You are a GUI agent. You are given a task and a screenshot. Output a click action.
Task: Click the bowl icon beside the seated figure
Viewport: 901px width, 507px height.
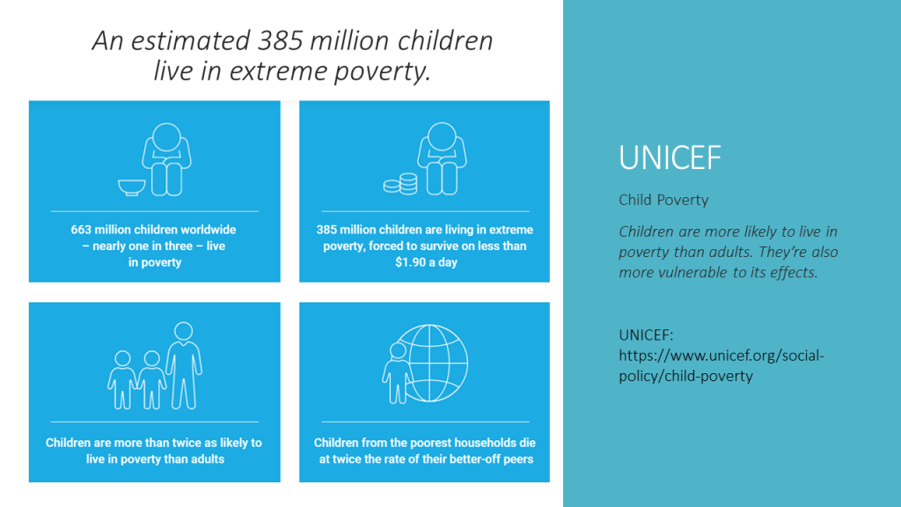click(132, 187)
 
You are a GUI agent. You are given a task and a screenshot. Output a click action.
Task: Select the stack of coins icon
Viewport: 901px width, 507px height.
click(400, 184)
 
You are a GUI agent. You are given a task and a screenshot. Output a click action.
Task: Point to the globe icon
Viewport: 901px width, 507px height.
click(429, 363)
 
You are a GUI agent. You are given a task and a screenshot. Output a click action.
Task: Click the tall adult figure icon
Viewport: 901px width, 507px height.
click(184, 365)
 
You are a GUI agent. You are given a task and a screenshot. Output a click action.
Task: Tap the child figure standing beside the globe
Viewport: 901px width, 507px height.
click(397, 373)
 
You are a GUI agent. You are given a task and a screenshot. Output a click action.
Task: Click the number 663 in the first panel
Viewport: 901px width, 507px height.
click(81, 230)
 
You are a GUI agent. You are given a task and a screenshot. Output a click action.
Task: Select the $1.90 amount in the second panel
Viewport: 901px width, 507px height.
click(410, 262)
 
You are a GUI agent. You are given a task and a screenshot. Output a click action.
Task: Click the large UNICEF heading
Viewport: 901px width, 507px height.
click(670, 158)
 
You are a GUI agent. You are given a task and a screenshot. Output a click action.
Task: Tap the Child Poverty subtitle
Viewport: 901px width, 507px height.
click(663, 200)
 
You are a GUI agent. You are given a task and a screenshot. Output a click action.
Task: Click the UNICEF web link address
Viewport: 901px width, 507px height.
click(722, 365)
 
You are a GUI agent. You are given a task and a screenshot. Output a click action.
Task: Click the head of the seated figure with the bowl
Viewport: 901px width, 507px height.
click(166, 136)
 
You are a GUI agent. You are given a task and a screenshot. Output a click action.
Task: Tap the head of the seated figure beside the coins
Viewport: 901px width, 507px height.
click(442, 136)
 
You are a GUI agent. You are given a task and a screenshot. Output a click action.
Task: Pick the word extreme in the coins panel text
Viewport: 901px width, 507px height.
click(512, 230)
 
